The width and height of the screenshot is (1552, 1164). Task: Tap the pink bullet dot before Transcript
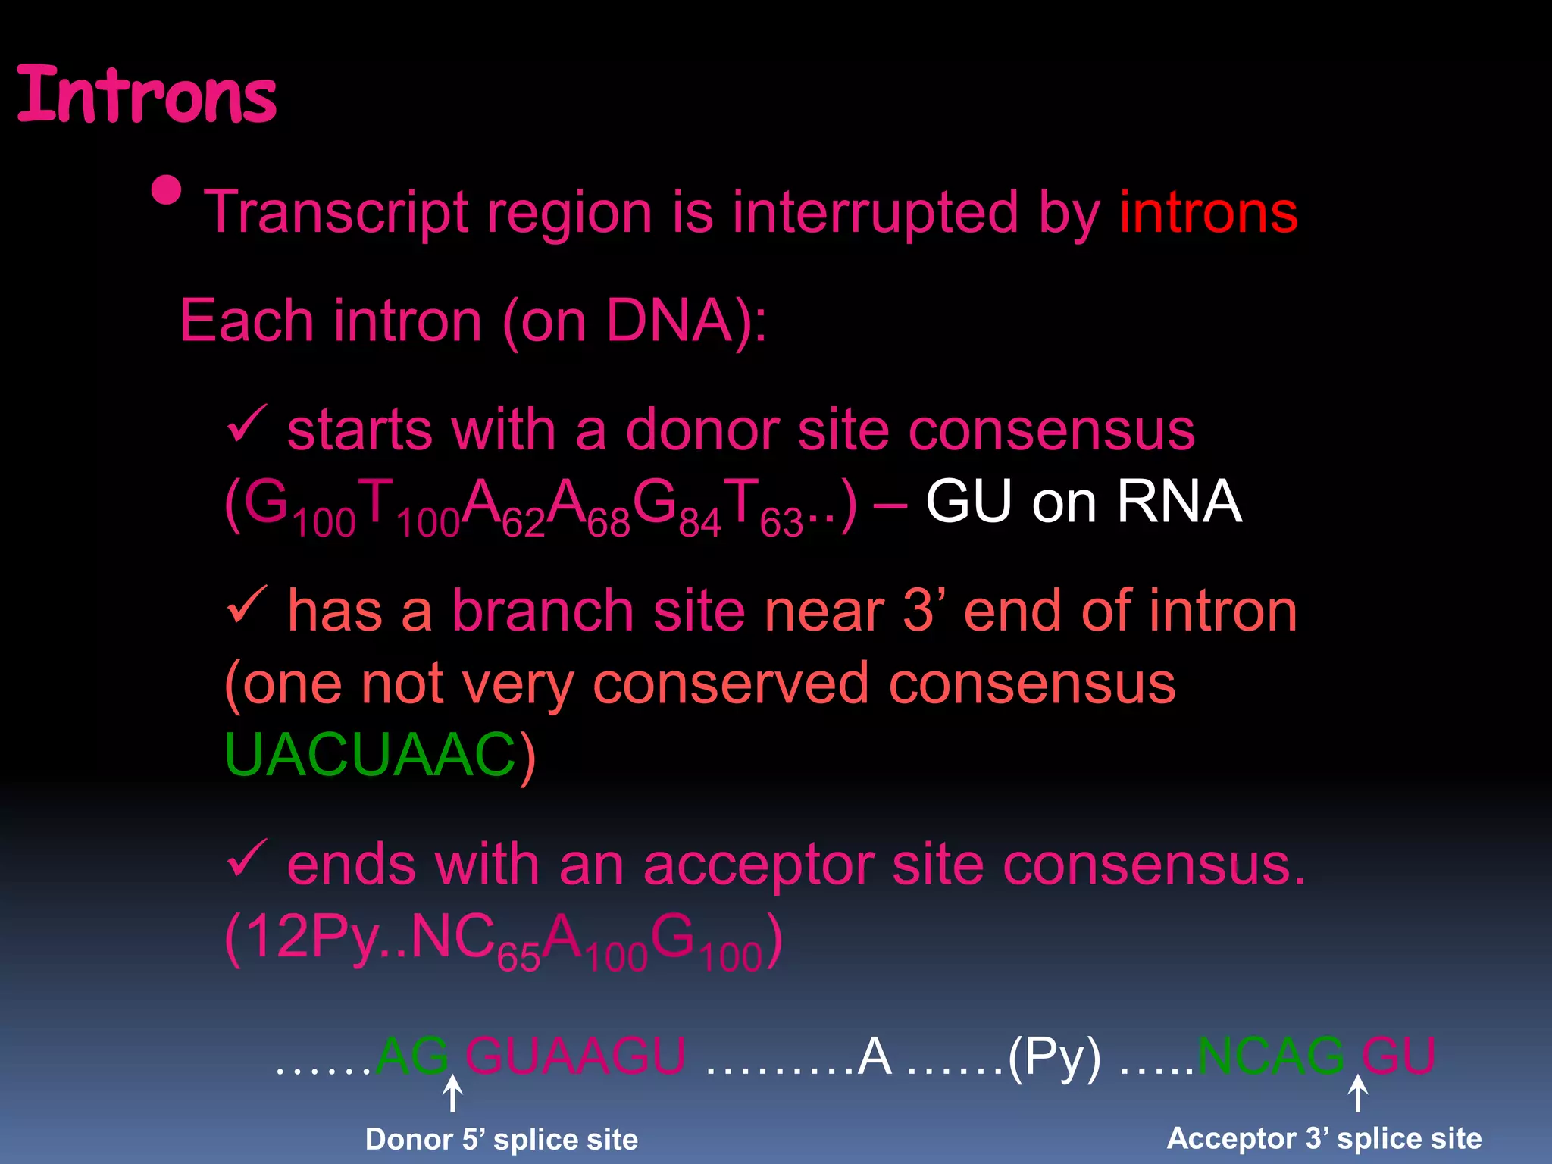click(x=167, y=191)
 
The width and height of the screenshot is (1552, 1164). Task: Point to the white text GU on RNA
click(x=1084, y=502)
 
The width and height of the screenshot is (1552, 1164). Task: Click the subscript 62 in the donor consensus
click(x=523, y=523)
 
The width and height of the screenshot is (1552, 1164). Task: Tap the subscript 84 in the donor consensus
click(x=699, y=523)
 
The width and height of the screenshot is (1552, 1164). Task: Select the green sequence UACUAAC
click(x=370, y=755)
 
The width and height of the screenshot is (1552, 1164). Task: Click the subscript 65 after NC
click(x=518, y=958)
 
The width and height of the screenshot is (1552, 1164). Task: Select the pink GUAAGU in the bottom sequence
click(x=576, y=1056)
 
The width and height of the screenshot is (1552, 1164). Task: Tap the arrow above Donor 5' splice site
click(x=452, y=1094)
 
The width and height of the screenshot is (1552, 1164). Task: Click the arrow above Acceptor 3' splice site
click(x=1357, y=1094)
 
